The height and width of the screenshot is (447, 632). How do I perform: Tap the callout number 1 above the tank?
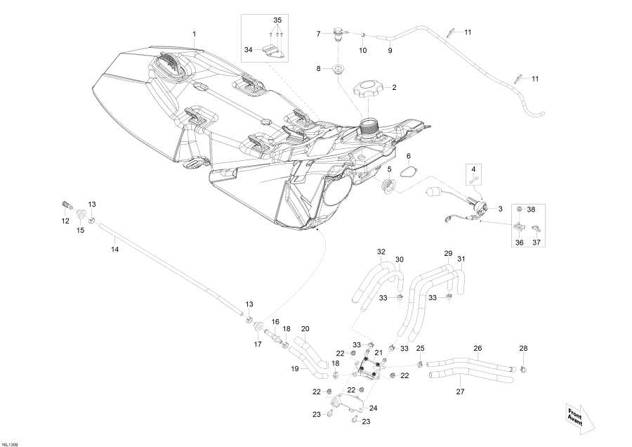(x=195, y=34)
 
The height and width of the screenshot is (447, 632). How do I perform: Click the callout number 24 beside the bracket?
(x=373, y=408)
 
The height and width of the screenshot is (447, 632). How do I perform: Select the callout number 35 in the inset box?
(x=277, y=19)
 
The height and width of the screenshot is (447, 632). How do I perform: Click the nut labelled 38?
(x=520, y=209)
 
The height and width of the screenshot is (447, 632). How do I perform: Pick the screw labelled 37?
(x=537, y=228)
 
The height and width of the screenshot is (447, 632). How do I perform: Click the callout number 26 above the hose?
(x=478, y=348)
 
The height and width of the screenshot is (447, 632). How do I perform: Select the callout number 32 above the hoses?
(x=381, y=251)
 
